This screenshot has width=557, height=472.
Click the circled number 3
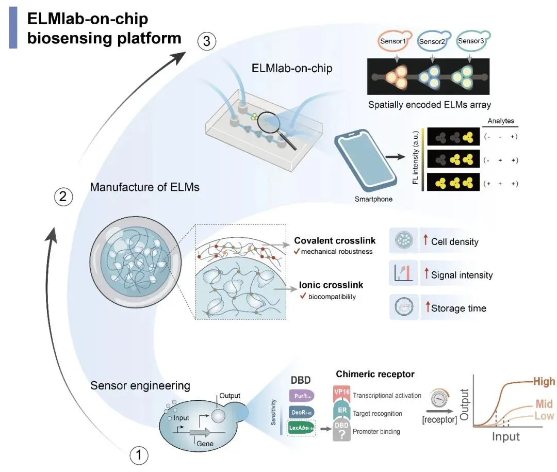pyautogui.click(x=207, y=42)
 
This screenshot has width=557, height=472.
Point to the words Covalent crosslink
pyautogui.click(x=335, y=241)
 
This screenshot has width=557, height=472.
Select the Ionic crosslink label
pyautogui.click(x=331, y=284)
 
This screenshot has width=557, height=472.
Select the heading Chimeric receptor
pyautogui.click(x=375, y=374)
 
